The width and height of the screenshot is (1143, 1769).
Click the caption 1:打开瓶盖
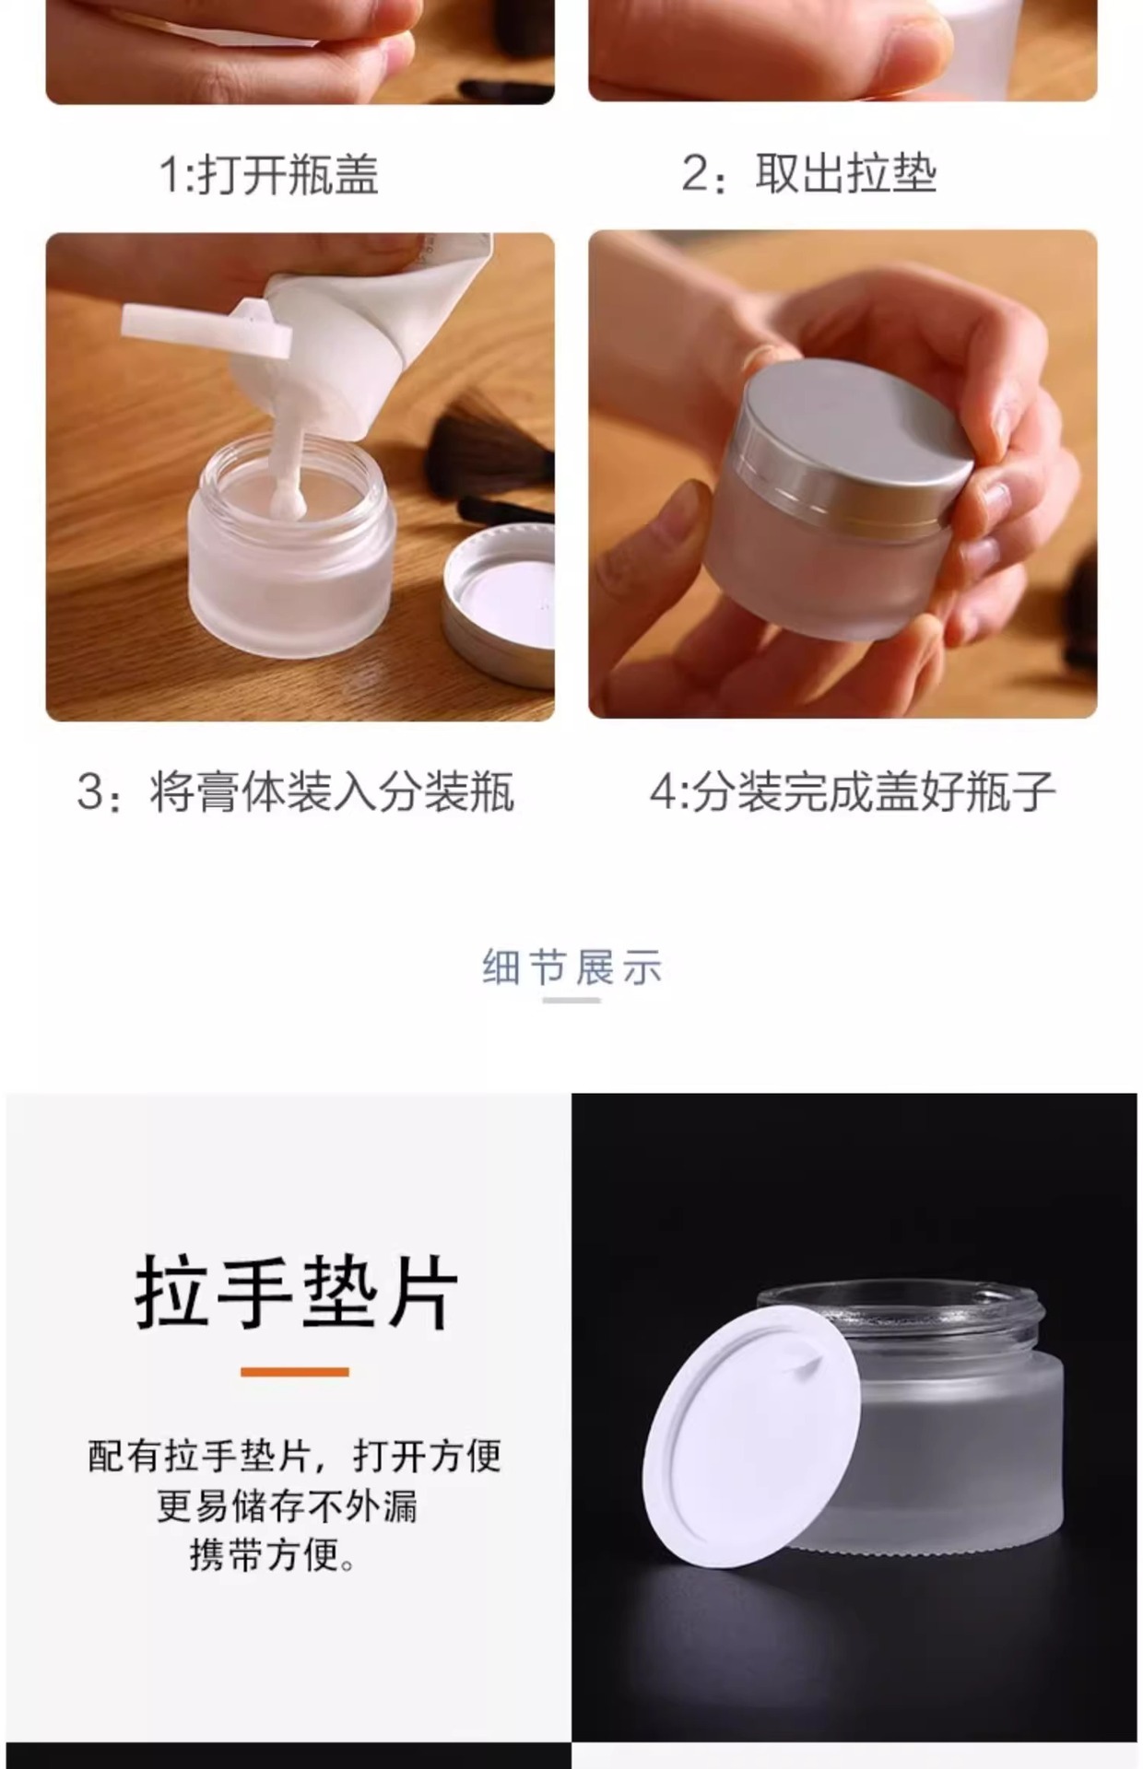coord(268,174)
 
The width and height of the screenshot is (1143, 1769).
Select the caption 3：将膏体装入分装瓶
coord(295,791)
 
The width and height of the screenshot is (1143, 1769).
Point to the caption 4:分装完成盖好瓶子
coord(852,791)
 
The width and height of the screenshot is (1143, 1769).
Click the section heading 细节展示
coord(571,967)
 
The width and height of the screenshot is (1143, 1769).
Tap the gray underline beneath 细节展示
coord(571,1000)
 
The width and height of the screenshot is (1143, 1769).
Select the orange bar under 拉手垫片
coord(295,1372)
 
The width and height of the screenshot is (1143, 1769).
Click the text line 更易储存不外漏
coord(287,1506)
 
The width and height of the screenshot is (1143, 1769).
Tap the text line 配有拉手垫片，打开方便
coord(295,1457)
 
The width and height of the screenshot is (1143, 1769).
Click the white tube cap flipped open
coord(207,327)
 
